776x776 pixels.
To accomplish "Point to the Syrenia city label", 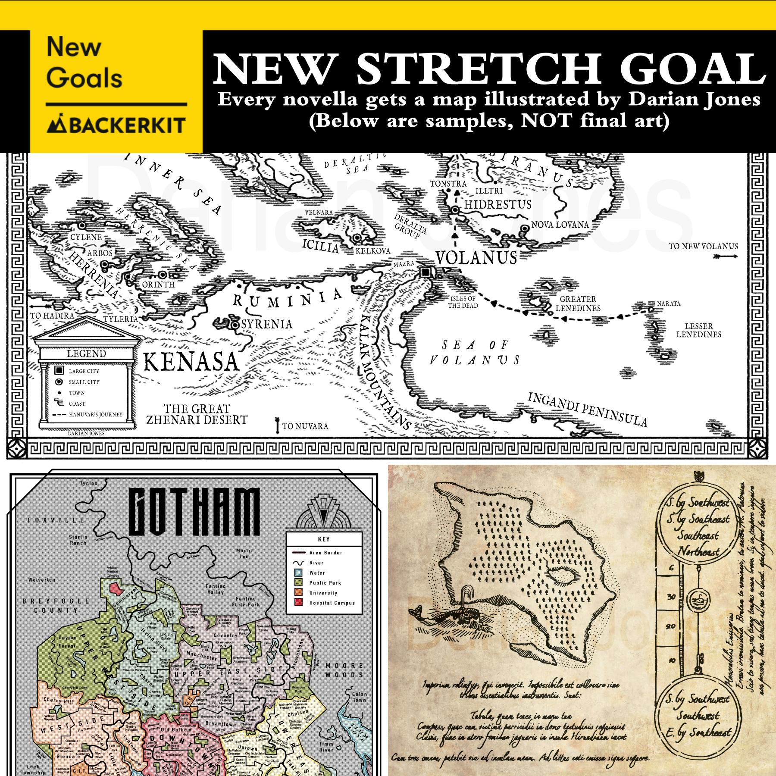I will point(266,324).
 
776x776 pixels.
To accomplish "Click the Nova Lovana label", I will point(560,225).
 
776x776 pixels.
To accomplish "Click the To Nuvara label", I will point(305,426).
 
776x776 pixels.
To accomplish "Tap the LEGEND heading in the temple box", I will point(86,354).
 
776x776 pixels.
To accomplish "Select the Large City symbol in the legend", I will point(59,371).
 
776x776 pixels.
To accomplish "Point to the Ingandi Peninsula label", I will point(587,409).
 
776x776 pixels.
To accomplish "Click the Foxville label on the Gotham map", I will point(56,520).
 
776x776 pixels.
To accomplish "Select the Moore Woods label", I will point(344,670).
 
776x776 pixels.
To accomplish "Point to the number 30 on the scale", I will point(671,597).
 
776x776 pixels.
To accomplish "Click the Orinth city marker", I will point(163,274).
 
